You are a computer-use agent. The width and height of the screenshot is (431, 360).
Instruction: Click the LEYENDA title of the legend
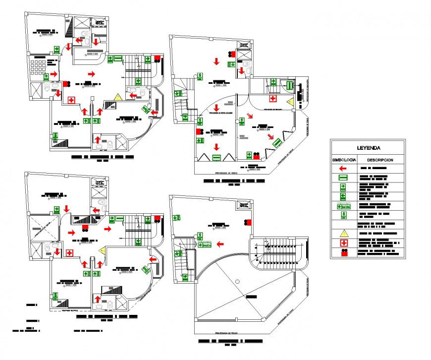(x=369, y=148)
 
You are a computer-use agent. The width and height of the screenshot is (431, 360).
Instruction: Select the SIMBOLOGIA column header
(x=344, y=160)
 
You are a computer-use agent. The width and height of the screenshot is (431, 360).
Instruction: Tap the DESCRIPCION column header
(x=380, y=160)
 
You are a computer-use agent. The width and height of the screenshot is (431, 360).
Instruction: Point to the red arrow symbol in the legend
(x=342, y=169)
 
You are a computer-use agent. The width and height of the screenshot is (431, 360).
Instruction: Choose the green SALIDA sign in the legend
(x=343, y=206)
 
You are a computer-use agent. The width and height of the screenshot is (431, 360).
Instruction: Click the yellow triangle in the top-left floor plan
(x=118, y=97)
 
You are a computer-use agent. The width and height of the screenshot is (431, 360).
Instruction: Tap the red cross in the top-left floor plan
(x=71, y=101)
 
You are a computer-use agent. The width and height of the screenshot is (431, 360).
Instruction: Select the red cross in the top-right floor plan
(x=272, y=97)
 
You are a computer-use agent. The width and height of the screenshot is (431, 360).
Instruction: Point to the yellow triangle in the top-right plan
(x=290, y=102)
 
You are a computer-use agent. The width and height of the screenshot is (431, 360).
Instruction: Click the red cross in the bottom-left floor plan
(x=70, y=253)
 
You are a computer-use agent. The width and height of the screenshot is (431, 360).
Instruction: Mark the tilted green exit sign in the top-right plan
(x=277, y=143)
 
